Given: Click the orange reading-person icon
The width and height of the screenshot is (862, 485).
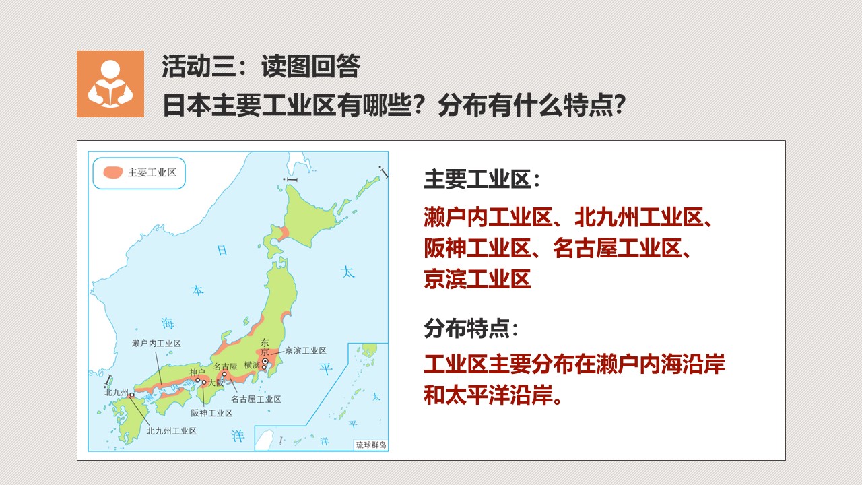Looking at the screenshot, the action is (x=110, y=84).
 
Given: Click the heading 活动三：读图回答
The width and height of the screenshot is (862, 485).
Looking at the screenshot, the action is (x=261, y=66).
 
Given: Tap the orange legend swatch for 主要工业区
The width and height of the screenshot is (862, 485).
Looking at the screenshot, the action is (x=112, y=172).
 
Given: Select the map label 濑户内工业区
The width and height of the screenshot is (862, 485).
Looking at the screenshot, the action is (x=156, y=343).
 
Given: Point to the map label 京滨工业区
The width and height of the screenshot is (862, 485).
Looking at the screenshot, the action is (x=306, y=350).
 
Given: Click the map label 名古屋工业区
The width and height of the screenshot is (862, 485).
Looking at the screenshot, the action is (x=256, y=399).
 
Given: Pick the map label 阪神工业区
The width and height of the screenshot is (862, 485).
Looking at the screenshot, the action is (x=212, y=413).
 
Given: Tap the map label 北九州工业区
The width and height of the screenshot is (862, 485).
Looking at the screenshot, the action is (x=172, y=431).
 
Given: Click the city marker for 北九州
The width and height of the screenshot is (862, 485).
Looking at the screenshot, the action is (x=131, y=395).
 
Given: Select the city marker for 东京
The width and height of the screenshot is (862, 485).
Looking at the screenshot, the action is (x=265, y=362).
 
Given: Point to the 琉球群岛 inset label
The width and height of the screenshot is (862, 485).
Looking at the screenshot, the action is (x=371, y=445).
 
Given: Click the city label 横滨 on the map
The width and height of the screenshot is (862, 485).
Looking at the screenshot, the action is (x=252, y=365).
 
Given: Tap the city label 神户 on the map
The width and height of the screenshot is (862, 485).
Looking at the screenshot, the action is (x=197, y=372).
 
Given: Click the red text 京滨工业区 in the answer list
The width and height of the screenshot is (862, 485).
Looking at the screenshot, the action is (x=477, y=279).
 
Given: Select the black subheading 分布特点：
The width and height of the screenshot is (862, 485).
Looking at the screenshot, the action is (x=471, y=328).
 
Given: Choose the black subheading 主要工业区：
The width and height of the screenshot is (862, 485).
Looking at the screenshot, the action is (x=482, y=179).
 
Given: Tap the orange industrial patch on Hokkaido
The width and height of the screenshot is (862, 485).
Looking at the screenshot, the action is (x=284, y=233).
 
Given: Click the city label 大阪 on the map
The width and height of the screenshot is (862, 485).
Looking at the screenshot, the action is (x=216, y=383).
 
